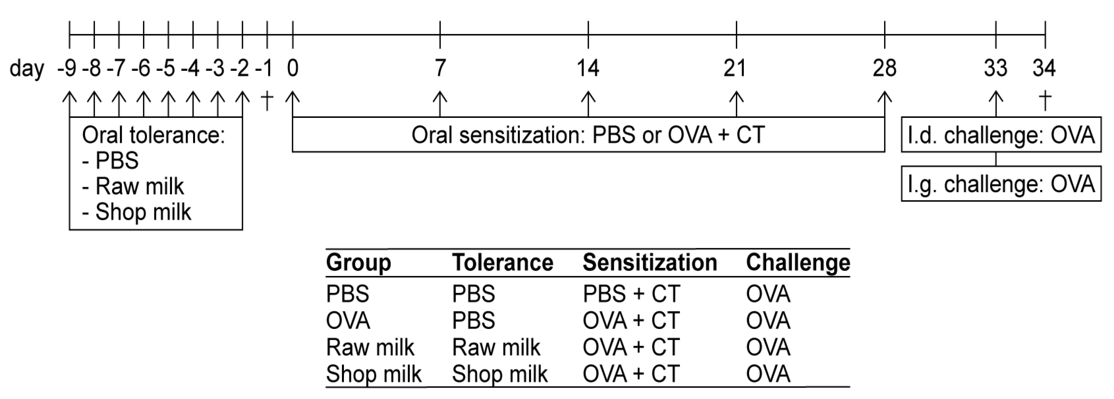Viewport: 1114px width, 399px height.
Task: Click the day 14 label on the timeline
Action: (588, 68)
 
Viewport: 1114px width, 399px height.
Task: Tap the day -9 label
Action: (67, 68)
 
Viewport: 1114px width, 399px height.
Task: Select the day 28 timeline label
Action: (884, 68)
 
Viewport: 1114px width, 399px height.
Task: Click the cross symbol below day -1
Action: (267, 100)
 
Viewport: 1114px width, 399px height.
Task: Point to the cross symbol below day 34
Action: (1045, 100)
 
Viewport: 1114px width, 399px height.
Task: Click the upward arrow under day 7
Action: (440, 103)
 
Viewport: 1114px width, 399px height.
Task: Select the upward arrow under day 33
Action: (996, 103)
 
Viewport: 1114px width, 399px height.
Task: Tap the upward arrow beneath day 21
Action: (736, 103)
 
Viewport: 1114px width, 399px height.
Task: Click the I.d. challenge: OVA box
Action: (1001, 135)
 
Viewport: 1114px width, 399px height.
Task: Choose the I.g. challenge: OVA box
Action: (1001, 184)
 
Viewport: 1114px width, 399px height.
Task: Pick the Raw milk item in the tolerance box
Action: (139, 186)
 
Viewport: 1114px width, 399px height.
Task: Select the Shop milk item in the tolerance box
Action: (143, 212)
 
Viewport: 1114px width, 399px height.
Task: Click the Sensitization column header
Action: (649, 262)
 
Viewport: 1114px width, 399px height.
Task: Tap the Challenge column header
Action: (798, 262)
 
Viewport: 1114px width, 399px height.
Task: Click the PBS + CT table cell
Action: (631, 294)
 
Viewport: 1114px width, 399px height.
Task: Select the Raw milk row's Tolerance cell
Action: (496, 347)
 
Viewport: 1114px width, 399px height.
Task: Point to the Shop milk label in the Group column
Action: (374, 374)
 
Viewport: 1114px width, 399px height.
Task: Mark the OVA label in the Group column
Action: (348, 321)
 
